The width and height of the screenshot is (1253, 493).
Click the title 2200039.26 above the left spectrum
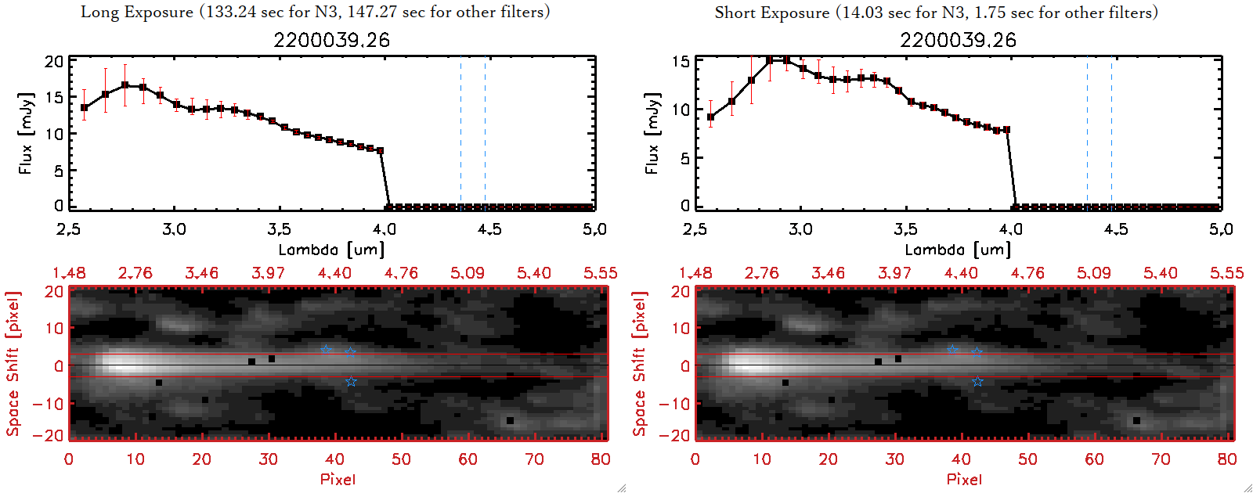point(331,40)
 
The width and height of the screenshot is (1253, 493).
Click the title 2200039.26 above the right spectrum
point(958,40)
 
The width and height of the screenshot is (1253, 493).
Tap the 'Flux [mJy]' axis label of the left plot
point(26,133)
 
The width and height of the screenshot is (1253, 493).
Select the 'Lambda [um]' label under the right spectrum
point(958,250)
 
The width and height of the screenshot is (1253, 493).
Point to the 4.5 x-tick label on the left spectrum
point(489,229)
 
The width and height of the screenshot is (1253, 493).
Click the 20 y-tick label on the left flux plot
point(54,62)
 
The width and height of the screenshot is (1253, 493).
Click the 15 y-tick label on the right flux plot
point(681,62)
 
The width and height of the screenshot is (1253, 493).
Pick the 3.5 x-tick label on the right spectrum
point(905,229)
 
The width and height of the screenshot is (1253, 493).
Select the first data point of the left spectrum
point(85,108)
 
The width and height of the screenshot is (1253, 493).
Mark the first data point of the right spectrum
point(710,117)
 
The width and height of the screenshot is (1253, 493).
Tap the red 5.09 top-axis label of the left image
point(468,273)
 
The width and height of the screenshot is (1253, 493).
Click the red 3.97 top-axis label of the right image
point(894,273)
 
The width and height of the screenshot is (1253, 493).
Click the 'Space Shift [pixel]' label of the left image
point(13,364)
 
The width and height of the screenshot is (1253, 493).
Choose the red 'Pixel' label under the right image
point(964,479)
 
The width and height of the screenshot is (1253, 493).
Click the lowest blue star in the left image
point(351,381)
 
